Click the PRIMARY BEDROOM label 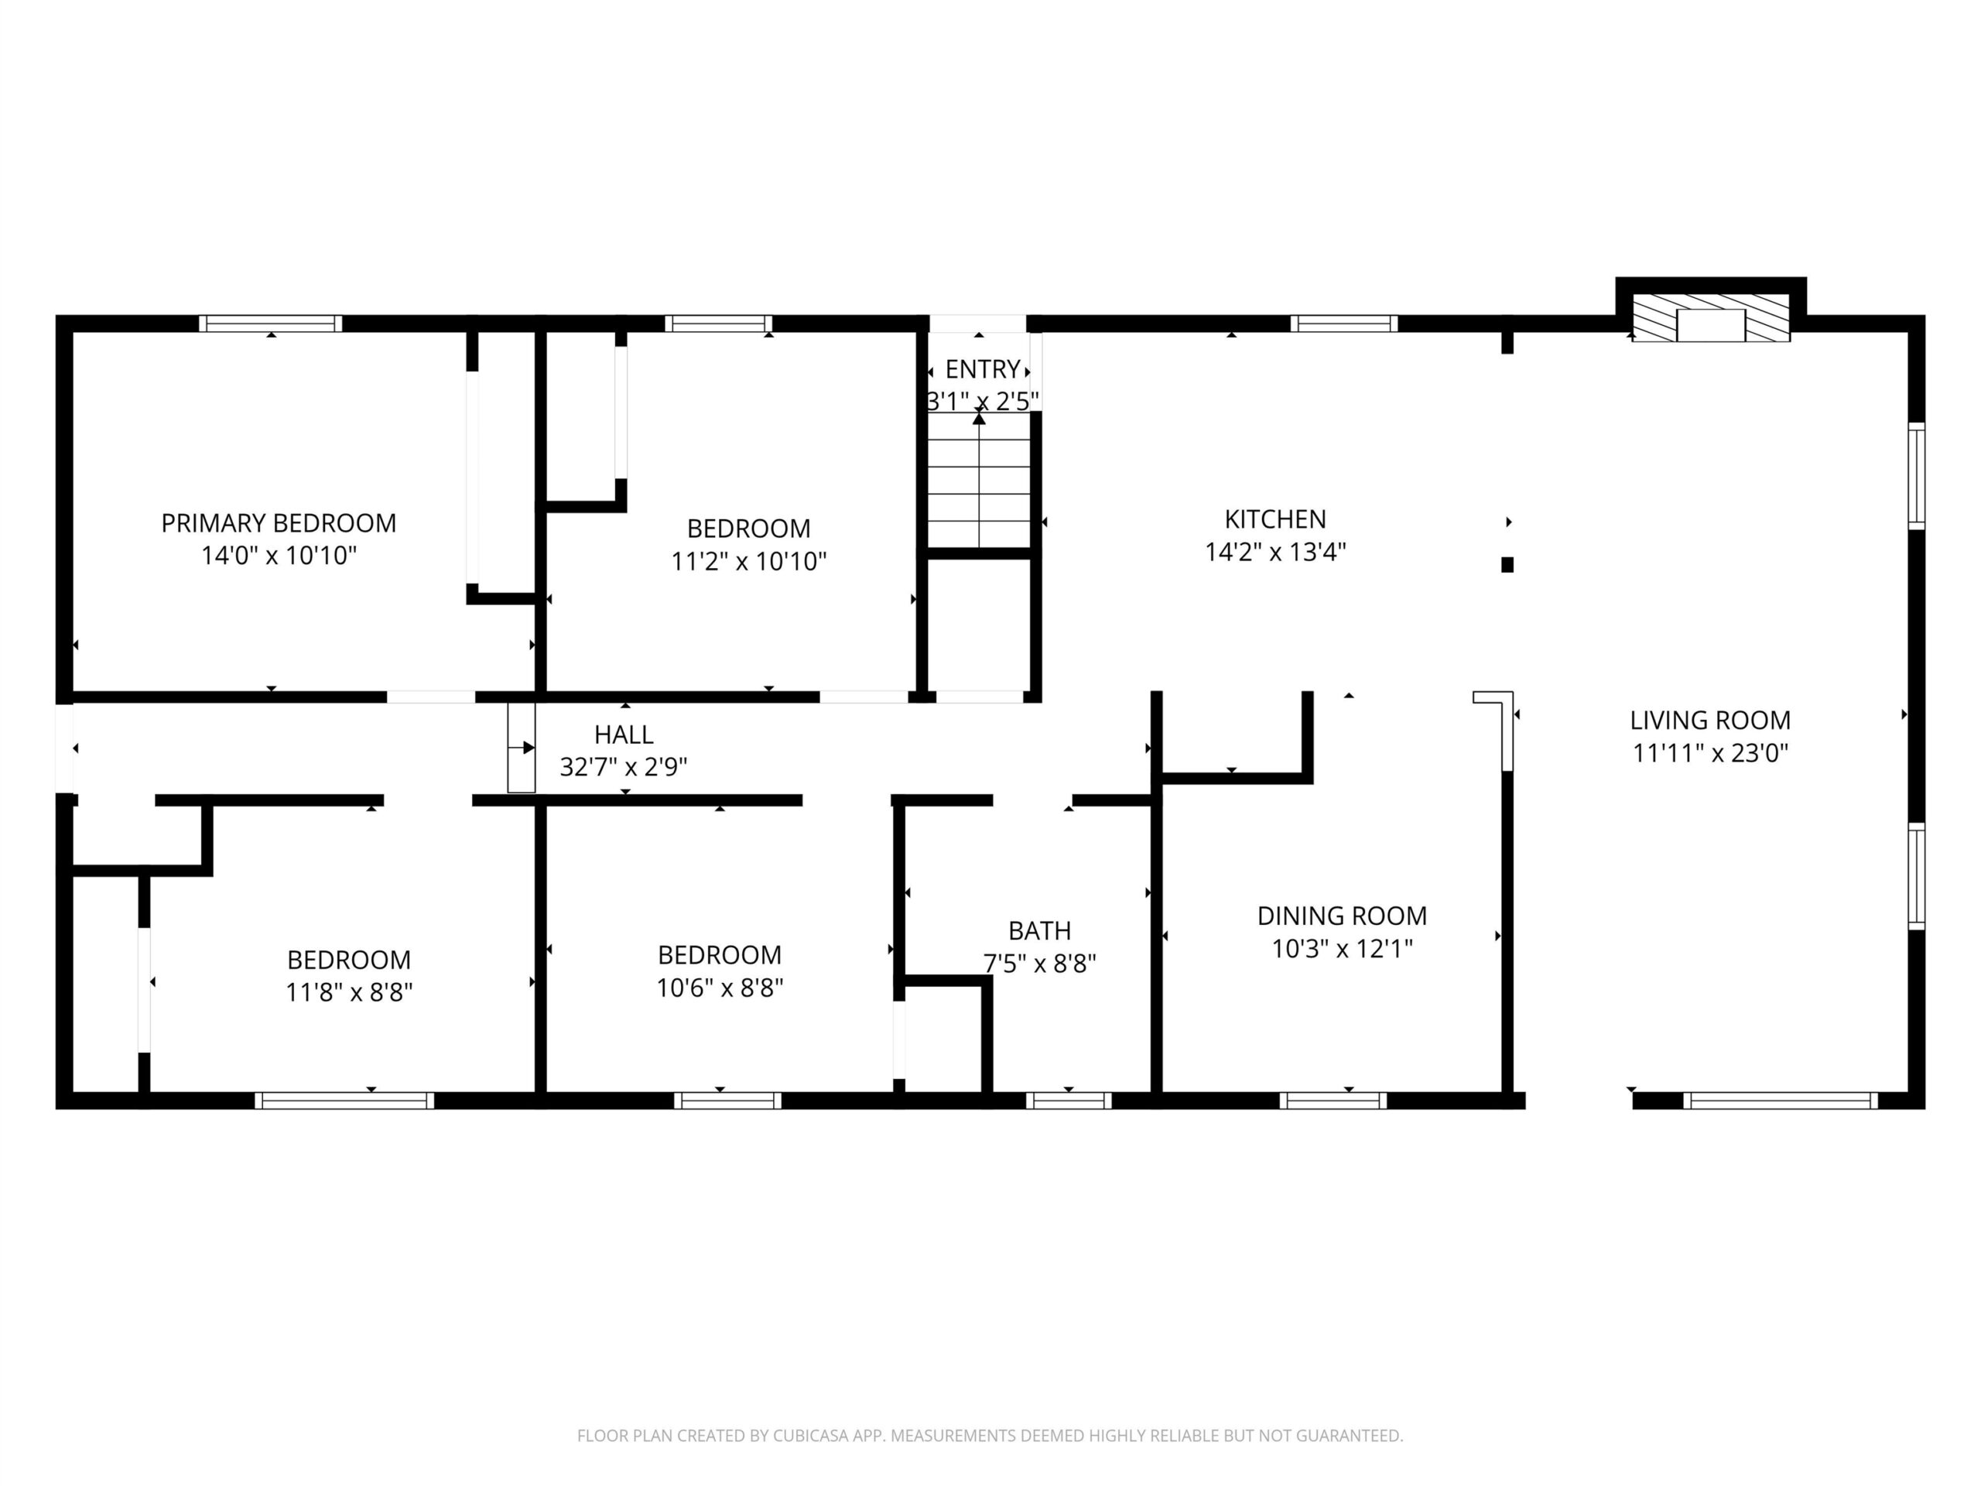[x=279, y=523]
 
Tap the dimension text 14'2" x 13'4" [x=1275, y=552]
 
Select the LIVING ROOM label [x=1709, y=720]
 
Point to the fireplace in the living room [x=1710, y=325]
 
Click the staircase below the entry [x=979, y=479]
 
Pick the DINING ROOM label [x=1342, y=916]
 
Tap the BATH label [x=1040, y=930]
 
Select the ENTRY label [x=983, y=369]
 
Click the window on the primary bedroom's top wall [x=271, y=324]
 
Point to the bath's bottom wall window [x=1069, y=1101]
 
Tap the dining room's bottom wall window [x=1333, y=1101]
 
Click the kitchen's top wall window [x=1343, y=324]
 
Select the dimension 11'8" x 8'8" [x=349, y=992]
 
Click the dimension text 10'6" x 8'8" [x=720, y=987]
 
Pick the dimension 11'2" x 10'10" [x=749, y=560]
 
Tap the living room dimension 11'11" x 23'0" [x=1709, y=752]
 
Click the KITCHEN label [x=1275, y=519]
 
